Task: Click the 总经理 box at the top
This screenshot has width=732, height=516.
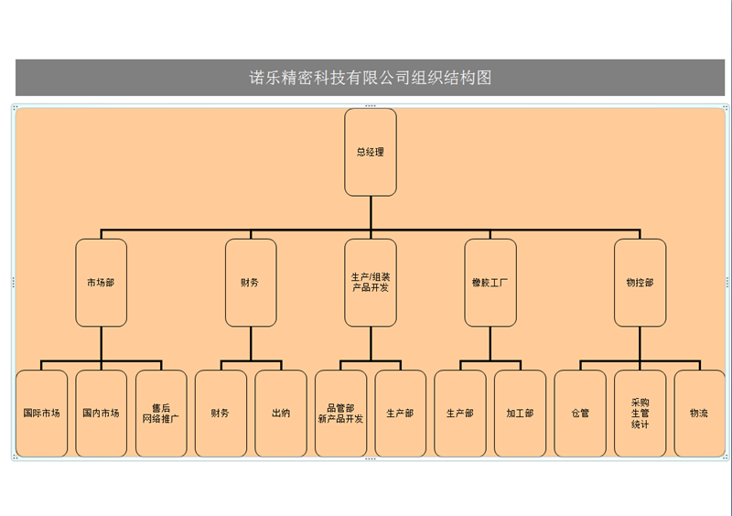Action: point(371,152)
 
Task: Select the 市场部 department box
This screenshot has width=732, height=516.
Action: point(102,283)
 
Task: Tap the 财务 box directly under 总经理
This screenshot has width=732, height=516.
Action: point(251,283)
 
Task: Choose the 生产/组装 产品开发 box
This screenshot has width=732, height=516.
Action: point(371,283)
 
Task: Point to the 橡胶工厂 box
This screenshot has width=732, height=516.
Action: point(490,283)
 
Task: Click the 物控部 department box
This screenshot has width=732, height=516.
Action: point(640,283)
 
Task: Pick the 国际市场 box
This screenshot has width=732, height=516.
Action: point(42,414)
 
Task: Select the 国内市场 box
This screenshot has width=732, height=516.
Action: point(102,414)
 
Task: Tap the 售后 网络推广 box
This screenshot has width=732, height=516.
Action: point(161,414)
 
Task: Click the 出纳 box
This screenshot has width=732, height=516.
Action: point(281,414)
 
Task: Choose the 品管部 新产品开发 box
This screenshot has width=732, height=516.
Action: point(340,414)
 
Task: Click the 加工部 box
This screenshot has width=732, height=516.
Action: point(520,414)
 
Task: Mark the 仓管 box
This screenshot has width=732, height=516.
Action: point(580,414)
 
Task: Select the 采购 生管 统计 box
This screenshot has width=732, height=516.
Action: point(640,414)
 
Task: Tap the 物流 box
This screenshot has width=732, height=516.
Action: point(699,414)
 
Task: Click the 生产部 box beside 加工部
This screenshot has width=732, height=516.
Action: point(460,414)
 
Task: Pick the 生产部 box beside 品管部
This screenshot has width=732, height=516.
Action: point(401,414)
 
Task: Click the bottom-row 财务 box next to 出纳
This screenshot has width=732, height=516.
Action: point(221,414)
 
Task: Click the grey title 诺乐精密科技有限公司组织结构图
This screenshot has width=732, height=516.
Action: point(371,78)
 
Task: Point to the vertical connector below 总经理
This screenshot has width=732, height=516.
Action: point(371,212)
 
